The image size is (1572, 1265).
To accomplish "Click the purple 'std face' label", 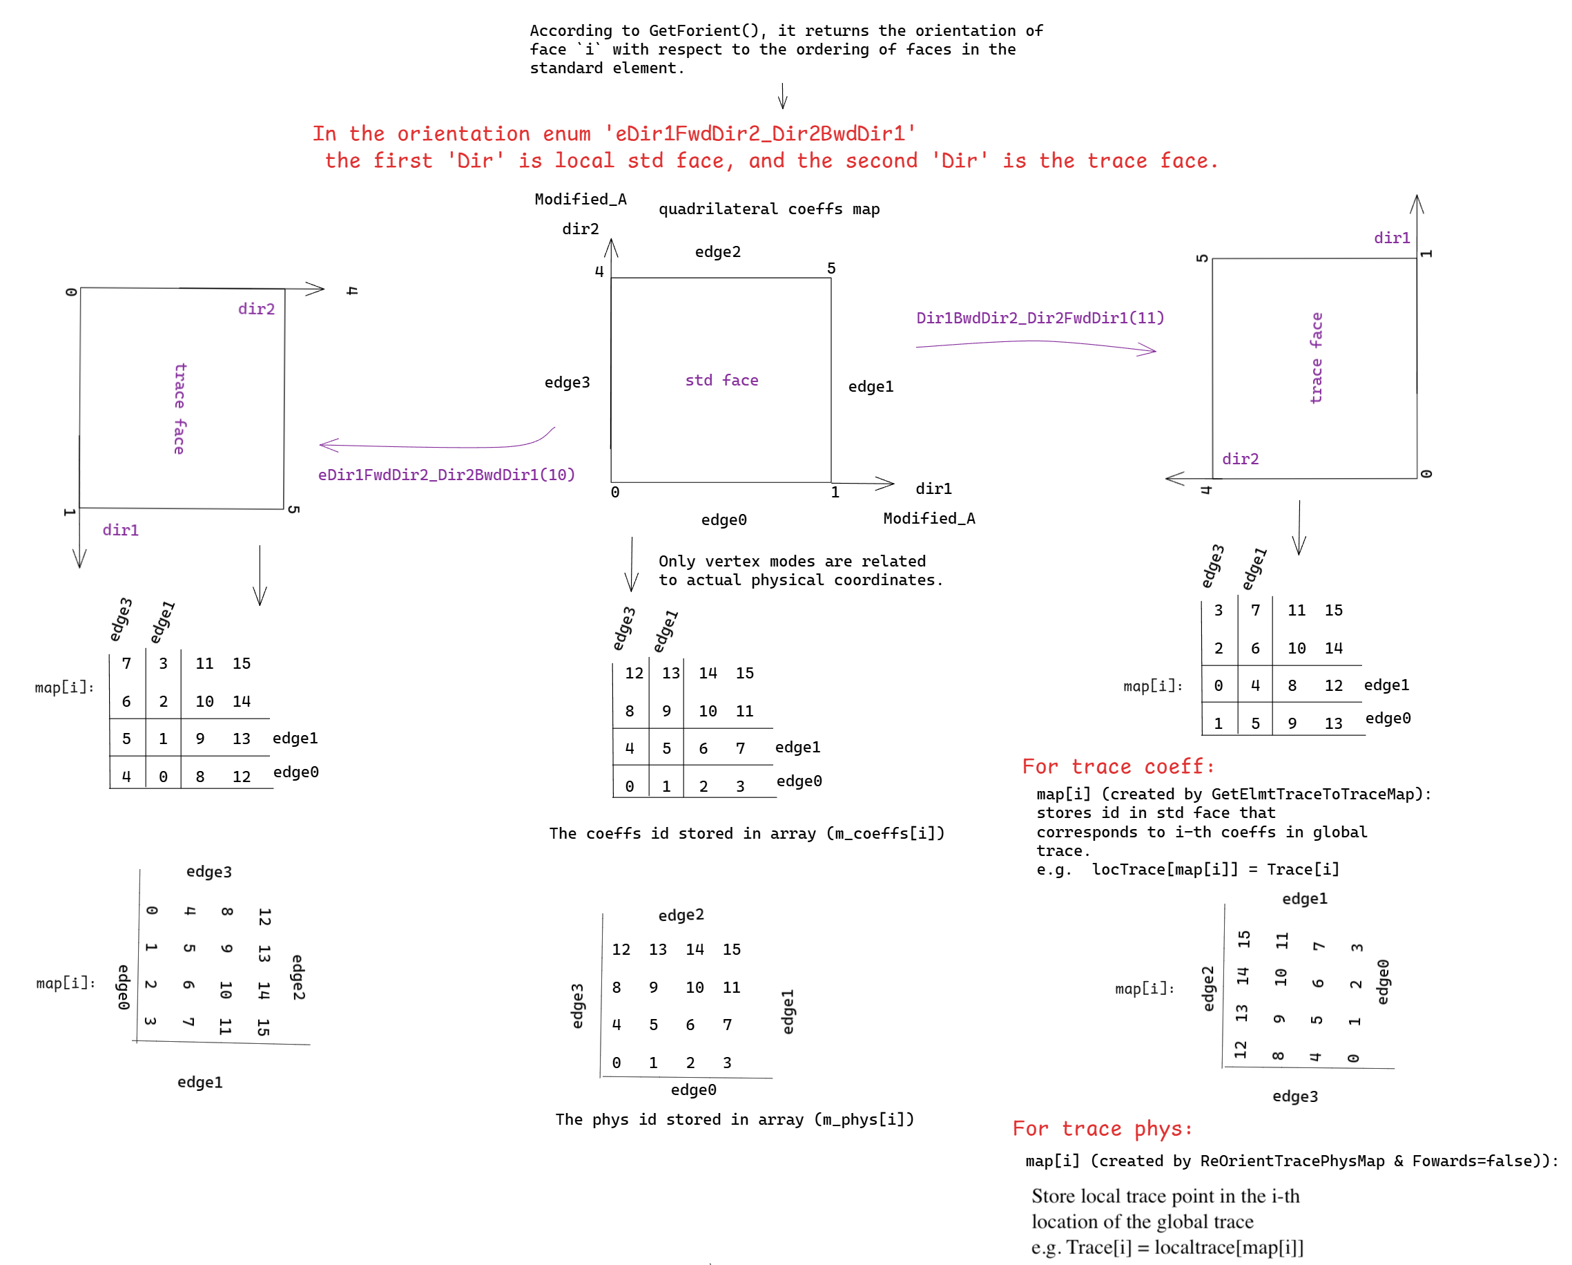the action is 721,380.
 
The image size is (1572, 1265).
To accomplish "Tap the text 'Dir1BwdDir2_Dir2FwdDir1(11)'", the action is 1040,318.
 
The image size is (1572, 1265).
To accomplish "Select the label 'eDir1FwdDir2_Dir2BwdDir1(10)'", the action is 446,475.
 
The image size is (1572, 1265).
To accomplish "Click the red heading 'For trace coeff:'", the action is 1118,766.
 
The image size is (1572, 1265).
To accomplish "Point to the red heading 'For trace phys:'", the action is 1103,1129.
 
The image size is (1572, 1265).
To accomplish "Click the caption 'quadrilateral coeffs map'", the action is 769,209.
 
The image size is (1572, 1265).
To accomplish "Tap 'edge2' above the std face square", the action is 717,251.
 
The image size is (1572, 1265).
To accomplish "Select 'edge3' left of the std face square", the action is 567,382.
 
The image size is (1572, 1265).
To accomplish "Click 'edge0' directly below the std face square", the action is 724,520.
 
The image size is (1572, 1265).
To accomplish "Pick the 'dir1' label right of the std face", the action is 933,488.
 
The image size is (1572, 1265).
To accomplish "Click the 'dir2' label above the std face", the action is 581,229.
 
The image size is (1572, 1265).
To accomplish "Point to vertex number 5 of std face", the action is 831,269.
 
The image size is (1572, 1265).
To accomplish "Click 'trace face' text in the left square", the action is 179,408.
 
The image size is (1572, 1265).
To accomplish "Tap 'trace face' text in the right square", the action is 1316,357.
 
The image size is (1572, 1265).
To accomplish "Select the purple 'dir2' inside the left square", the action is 257,309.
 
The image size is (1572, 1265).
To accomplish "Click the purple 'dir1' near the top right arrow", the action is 1392,238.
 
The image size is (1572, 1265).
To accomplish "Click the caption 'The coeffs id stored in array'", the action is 683,833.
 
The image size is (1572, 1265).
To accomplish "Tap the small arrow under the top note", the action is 782,95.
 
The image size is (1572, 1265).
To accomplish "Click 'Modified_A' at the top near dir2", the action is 581,199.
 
